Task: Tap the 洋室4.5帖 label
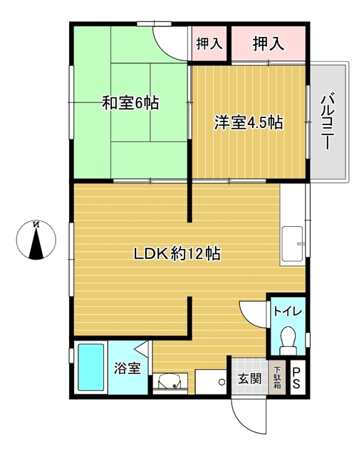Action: pos(249,122)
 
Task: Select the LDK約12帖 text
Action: pos(177,253)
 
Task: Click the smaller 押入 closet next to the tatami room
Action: pos(209,43)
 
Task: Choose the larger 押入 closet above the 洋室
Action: pos(268,43)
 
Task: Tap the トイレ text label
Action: pos(288,311)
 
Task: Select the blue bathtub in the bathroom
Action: pos(91,368)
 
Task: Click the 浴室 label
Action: pos(128,368)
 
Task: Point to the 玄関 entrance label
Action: pos(250,378)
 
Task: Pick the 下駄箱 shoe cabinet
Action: pos(277,378)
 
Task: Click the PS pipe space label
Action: pos(296,378)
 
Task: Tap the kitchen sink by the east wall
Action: pos(293,243)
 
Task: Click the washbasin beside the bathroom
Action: pos(170,380)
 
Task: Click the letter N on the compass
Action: pos(36,225)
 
